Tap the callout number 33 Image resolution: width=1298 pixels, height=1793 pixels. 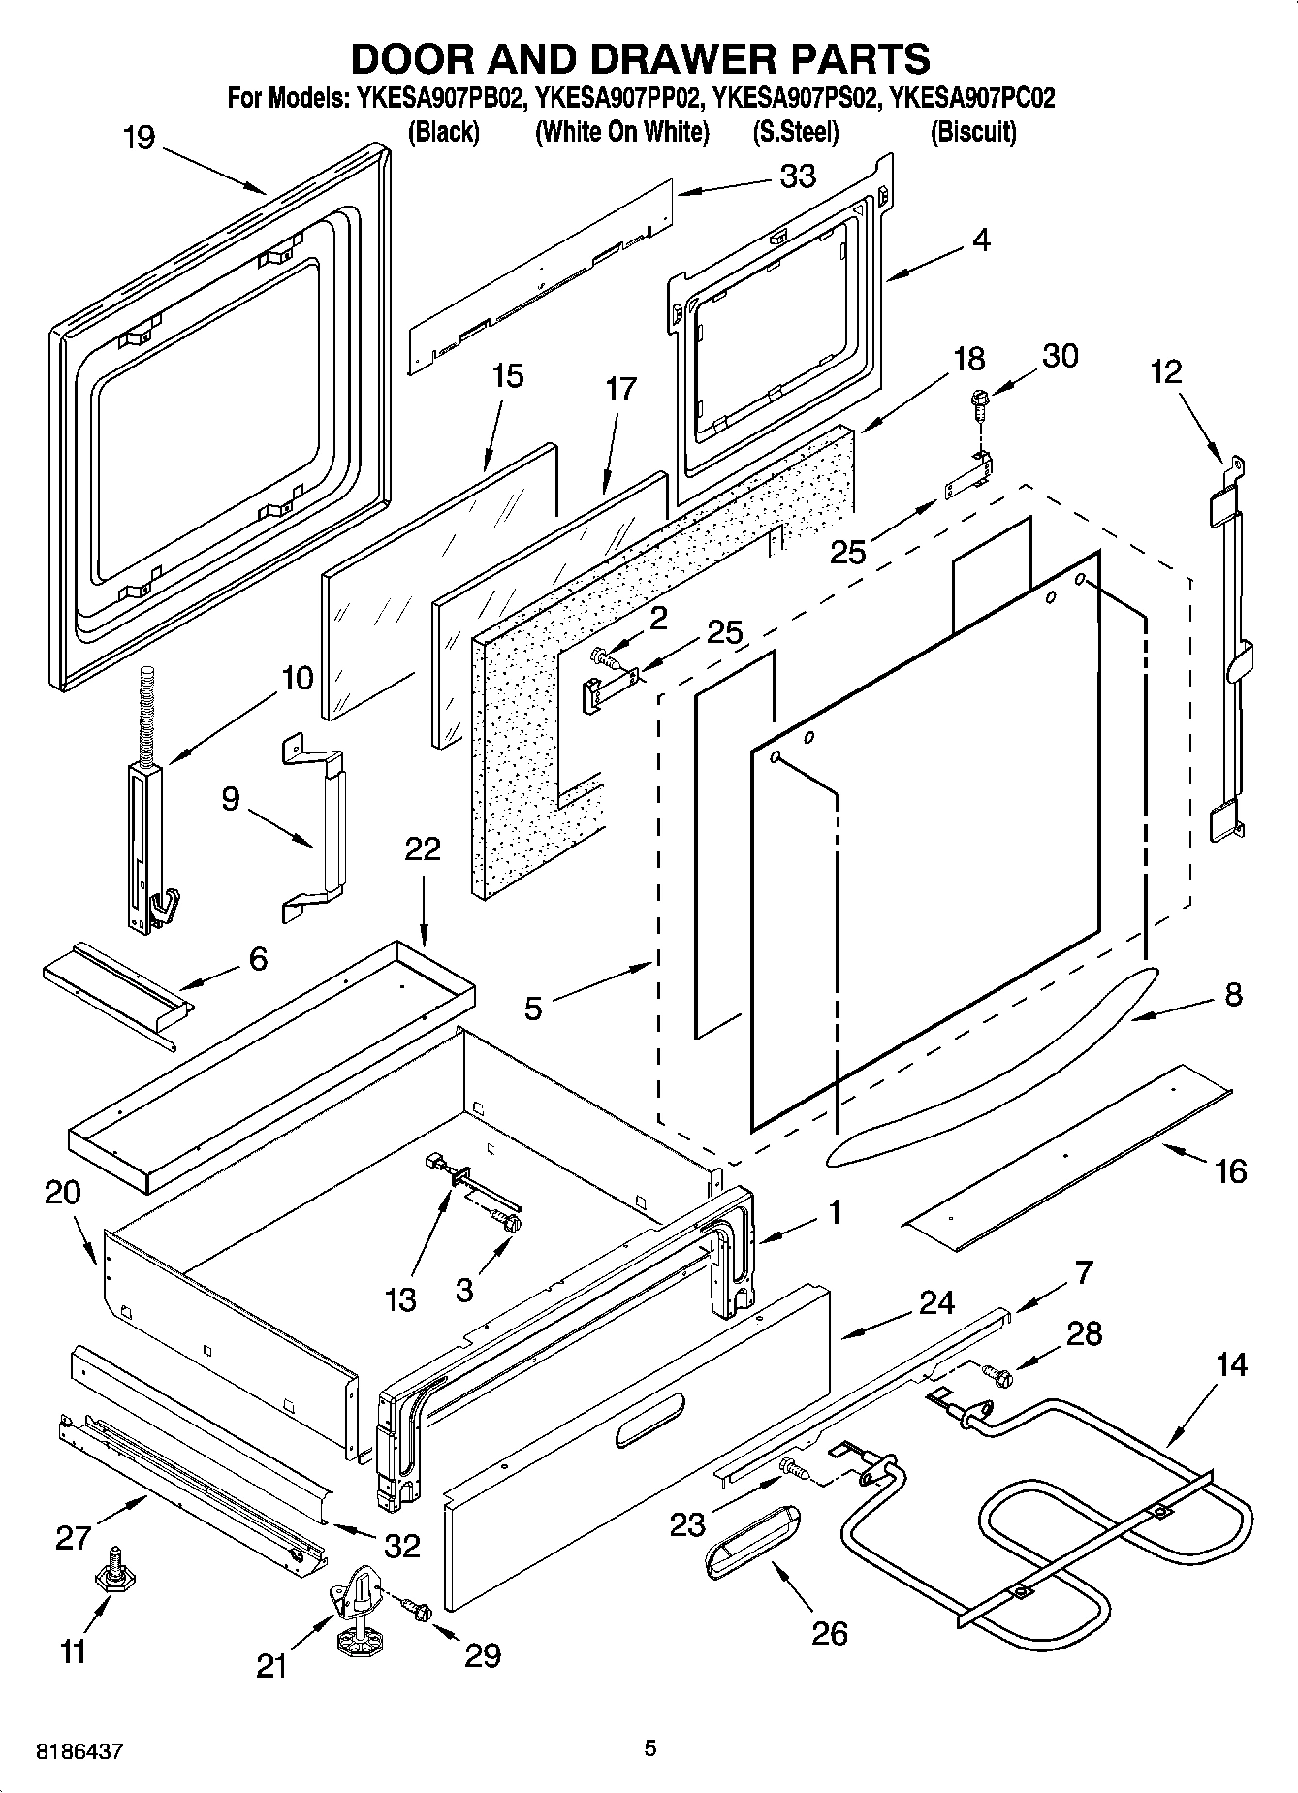click(797, 176)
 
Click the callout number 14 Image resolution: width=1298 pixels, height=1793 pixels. click(1230, 1364)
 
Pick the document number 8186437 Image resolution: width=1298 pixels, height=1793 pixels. click(80, 1751)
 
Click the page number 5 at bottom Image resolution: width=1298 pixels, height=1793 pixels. click(650, 1748)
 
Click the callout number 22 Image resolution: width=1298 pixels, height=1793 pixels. click(422, 849)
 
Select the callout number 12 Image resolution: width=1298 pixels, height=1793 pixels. click(1166, 371)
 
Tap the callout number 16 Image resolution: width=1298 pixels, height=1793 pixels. click(1230, 1171)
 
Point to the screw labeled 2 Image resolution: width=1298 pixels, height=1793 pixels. click(608, 659)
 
